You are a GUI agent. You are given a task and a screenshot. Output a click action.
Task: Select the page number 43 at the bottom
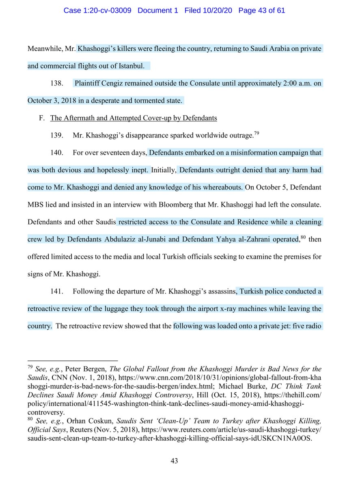tap(174, 460)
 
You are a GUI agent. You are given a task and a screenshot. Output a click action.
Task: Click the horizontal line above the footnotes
tap(73, 360)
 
